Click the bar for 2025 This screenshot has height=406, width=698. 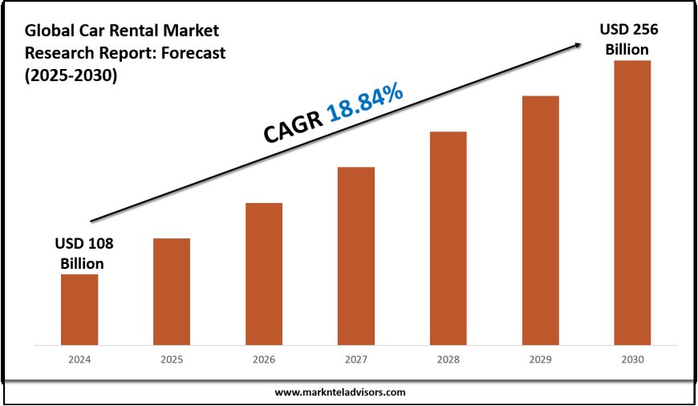(x=172, y=292)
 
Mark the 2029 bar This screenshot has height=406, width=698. (x=541, y=221)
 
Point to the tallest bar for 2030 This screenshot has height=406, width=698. (x=633, y=203)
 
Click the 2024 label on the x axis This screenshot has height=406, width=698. (x=79, y=360)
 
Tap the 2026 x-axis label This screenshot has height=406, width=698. (x=264, y=360)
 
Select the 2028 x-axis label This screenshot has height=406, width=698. (x=448, y=360)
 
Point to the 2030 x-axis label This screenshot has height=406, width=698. (x=633, y=360)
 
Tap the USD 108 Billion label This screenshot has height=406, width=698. (x=79, y=253)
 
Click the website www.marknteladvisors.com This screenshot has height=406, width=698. (x=340, y=392)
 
